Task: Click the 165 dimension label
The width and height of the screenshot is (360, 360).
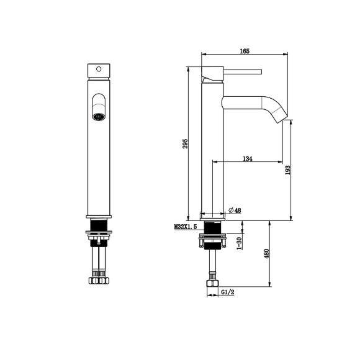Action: (x=245, y=51)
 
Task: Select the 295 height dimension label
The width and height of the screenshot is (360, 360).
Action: (x=186, y=143)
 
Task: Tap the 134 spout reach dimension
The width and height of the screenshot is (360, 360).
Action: (x=248, y=158)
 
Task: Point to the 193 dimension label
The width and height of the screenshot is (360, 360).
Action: (x=287, y=170)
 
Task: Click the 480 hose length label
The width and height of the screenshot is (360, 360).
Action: (x=266, y=253)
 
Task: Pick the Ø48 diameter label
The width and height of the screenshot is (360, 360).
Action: (x=235, y=210)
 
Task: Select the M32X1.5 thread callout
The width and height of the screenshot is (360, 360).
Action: (x=186, y=227)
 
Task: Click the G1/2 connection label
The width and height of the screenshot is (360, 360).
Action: (x=228, y=292)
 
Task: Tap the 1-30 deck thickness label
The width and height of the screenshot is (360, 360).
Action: (x=239, y=243)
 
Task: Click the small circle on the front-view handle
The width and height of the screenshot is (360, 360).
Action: (x=99, y=69)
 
